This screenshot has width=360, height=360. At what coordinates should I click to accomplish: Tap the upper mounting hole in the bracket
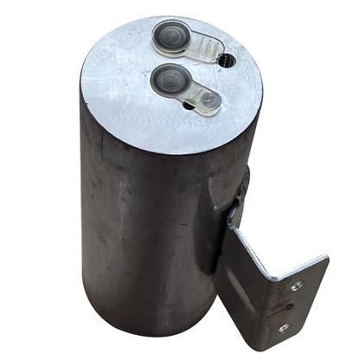(296, 286)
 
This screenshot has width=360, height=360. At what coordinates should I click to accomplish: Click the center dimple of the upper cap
(169, 38)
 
